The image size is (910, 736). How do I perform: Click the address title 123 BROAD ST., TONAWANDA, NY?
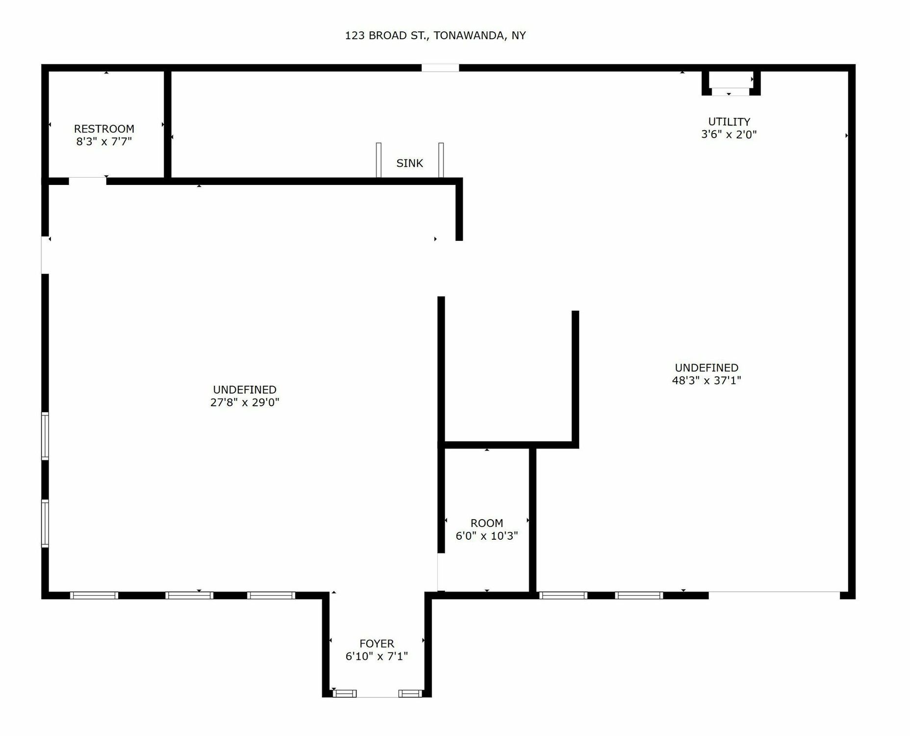click(x=435, y=35)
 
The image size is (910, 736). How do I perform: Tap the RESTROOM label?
click(x=104, y=129)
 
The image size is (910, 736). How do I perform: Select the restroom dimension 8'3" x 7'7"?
click(x=104, y=142)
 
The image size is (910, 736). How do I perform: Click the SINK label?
click(x=409, y=163)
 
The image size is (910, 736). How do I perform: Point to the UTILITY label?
click(x=729, y=121)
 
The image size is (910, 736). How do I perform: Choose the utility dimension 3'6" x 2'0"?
click(x=729, y=134)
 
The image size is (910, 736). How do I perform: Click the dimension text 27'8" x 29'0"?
click(x=245, y=402)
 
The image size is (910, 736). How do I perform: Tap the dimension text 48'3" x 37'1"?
click(x=707, y=380)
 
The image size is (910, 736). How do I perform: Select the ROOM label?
click(x=487, y=523)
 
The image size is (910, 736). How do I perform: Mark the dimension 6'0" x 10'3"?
click(x=487, y=536)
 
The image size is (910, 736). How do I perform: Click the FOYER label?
click(x=377, y=643)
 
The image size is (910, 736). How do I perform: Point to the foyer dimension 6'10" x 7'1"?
click(x=377, y=656)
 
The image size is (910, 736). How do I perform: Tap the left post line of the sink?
click(x=379, y=160)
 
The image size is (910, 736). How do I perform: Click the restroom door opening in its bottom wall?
click(x=87, y=181)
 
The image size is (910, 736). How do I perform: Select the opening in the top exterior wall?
click(x=440, y=68)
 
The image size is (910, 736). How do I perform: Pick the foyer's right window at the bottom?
click(x=410, y=693)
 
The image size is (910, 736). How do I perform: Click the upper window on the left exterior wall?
click(x=45, y=436)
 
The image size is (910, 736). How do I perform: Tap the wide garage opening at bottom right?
click(x=774, y=595)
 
